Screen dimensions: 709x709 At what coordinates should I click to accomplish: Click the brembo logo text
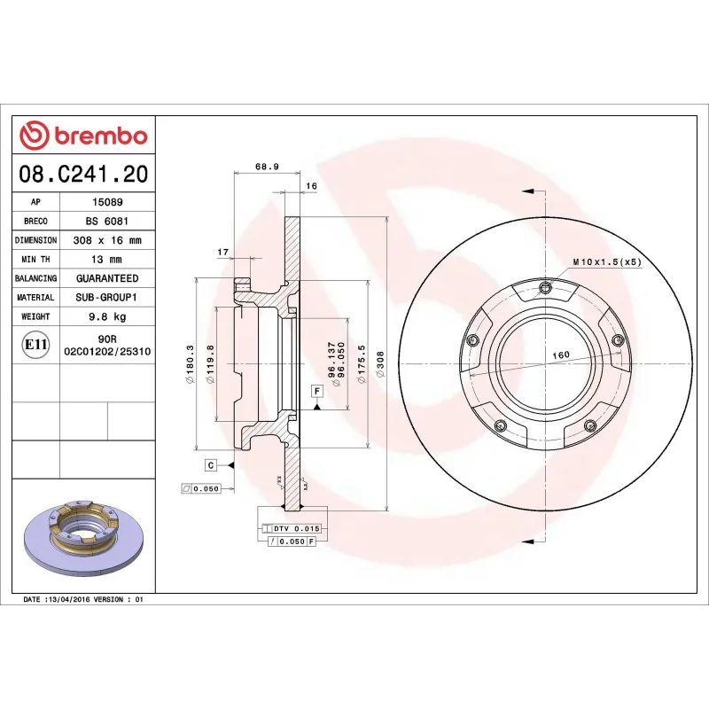pyautogui.click(x=100, y=136)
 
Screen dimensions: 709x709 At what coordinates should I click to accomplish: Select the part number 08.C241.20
pyautogui.click(x=83, y=175)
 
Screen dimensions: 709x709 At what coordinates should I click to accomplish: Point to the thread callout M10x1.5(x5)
pyautogui.click(x=606, y=262)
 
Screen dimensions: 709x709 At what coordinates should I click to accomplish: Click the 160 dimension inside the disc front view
pyautogui.click(x=560, y=355)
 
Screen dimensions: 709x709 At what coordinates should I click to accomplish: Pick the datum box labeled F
pyautogui.click(x=316, y=391)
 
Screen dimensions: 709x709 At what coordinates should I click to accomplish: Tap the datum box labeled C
pyautogui.click(x=211, y=464)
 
